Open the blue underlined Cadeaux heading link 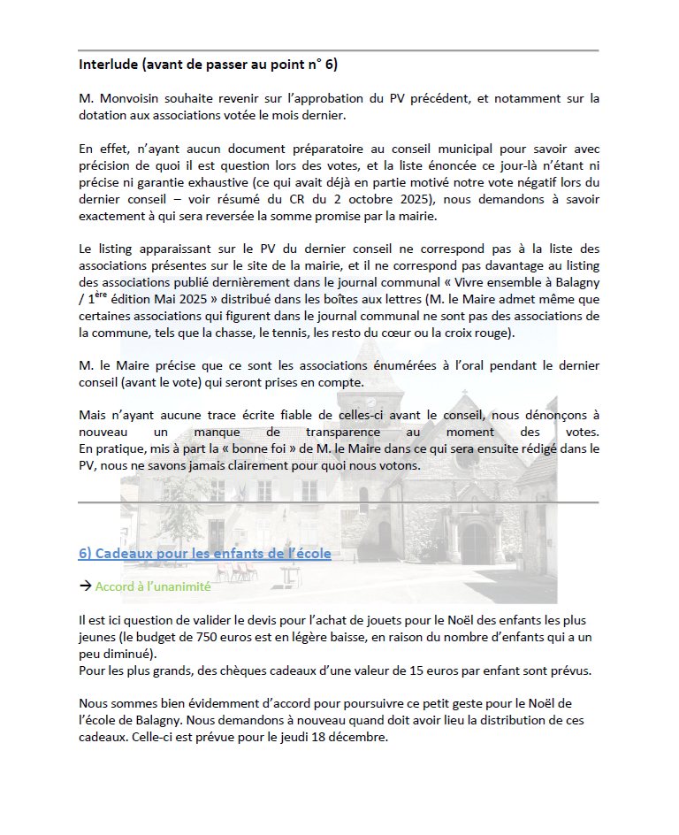coord(204,554)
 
